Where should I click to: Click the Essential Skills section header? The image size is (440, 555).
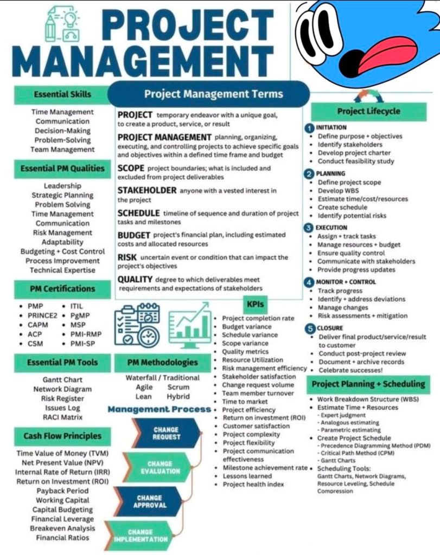62,94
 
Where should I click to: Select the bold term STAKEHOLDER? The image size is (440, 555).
147,190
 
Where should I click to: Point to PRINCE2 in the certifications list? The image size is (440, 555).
42,315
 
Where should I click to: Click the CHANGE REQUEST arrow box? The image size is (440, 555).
166,433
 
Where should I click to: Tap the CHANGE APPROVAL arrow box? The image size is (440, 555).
149,501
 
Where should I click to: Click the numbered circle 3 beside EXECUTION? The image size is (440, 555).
309,228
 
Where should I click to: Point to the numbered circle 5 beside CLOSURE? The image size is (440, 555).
309,328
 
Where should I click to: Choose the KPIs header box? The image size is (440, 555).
255,304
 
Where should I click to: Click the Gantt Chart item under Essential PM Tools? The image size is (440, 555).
62,380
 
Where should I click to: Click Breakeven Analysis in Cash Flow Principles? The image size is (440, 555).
62,528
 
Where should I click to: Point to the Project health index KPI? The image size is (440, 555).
253,484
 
